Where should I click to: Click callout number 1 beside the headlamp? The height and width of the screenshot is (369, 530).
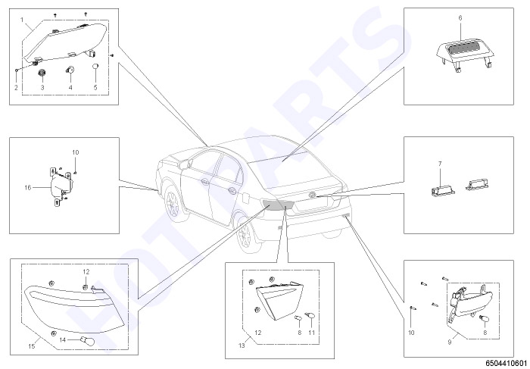(x=22, y=20)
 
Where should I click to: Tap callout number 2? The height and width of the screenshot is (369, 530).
(x=16, y=88)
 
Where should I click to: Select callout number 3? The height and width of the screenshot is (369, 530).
(x=42, y=88)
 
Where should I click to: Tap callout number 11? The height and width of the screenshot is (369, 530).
(x=311, y=333)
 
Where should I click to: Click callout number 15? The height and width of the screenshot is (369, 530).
(x=32, y=346)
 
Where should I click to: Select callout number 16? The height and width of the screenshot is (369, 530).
(x=28, y=187)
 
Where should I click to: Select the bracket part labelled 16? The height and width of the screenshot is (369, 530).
(x=60, y=187)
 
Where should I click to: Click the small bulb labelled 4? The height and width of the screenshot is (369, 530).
(x=70, y=70)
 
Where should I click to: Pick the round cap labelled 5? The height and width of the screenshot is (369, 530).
(x=95, y=66)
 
